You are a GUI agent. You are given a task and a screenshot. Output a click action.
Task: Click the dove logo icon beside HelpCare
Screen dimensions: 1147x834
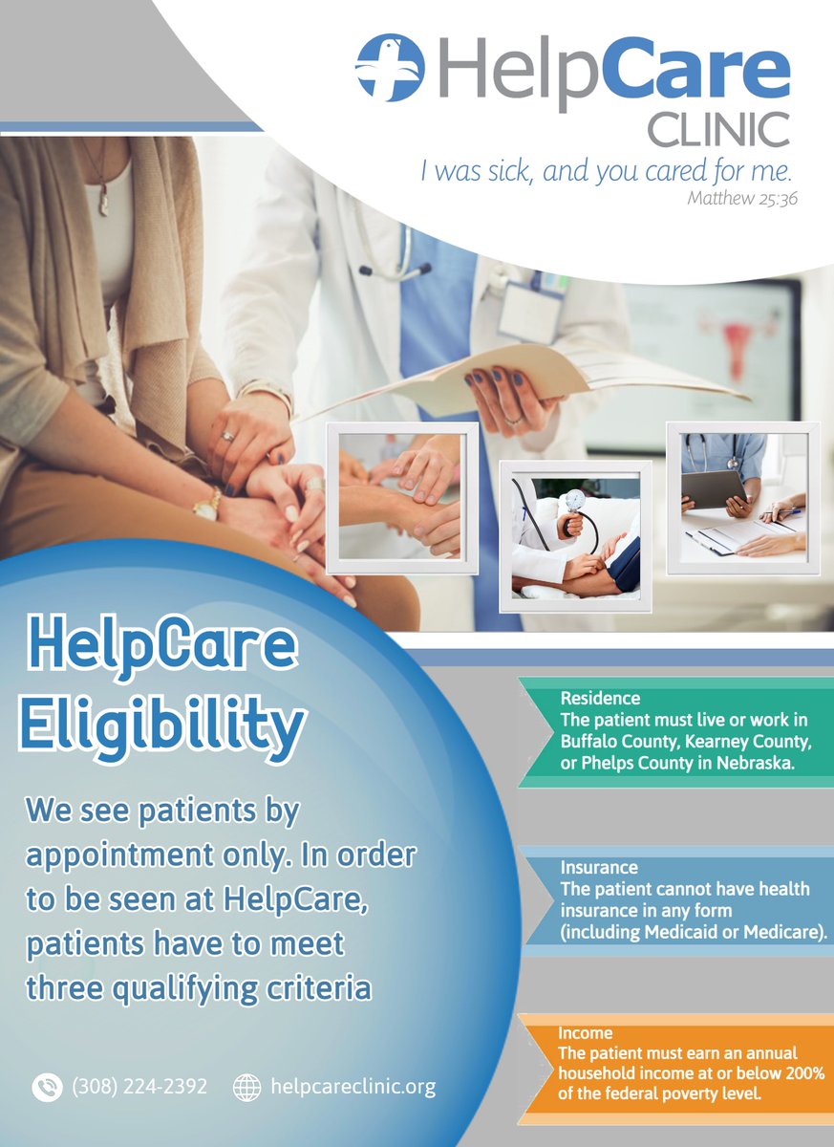389,68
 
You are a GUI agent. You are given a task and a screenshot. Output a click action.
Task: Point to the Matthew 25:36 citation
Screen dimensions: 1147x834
742,200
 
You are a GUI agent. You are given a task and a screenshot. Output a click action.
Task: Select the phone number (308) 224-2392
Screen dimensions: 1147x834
139,1087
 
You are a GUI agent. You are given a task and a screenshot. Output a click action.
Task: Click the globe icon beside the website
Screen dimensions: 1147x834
247,1088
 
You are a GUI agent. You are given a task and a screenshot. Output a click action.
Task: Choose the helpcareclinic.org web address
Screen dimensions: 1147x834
353,1087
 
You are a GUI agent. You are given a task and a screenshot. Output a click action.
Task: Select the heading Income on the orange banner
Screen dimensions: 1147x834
586,1034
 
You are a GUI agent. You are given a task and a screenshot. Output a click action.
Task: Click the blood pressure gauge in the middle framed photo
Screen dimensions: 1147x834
574,502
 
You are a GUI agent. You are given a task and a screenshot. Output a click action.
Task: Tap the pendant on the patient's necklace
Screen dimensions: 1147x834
102,203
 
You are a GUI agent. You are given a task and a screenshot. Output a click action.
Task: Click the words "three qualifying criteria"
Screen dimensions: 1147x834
199,988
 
